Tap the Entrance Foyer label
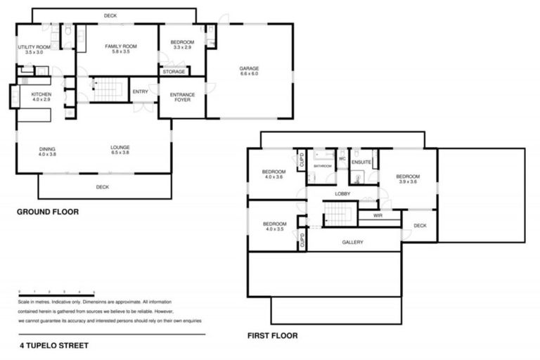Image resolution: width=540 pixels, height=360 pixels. point(182,98)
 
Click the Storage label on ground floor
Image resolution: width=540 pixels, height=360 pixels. point(174,72)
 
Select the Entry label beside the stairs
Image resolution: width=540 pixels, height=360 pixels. point(140,91)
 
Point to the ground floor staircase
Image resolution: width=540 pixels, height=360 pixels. point(108,89)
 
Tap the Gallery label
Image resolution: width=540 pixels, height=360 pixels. point(352,242)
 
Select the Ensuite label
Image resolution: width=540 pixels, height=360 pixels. point(361,162)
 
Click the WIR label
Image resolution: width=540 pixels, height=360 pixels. point(378,216)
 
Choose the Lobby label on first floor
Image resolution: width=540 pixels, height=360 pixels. point(342,193)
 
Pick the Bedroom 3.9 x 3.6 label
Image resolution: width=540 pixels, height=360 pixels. point(407,179)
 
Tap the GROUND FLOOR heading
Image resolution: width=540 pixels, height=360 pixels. point(47,212)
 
